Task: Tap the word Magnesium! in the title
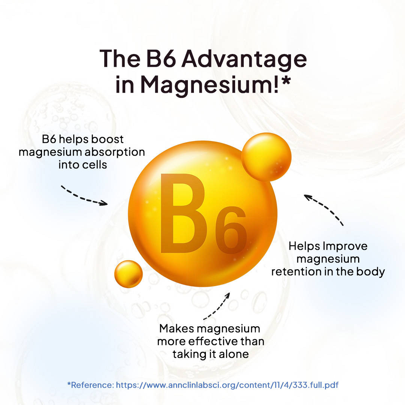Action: click(x=210, y=85)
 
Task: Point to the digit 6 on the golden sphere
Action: click(x=231, y=230)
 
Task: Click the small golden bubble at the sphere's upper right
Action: click(x=266, y=157)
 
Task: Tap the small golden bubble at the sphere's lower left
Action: click(x=128, y=274)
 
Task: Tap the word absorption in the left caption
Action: click(x=115, y=152)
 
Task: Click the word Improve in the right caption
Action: click(x=345, y=246)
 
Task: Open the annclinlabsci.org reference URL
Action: click(x=227, y=385)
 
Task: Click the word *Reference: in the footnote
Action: click(x=90, y=385)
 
